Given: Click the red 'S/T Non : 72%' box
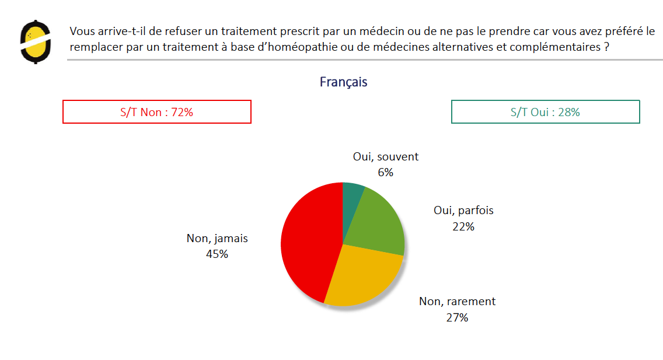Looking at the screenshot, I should tap(156, 112).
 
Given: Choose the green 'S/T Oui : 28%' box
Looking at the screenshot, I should tap(545, 112).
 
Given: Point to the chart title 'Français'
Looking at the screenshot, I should tap(343, 82).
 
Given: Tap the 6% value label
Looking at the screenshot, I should tap(386, 172).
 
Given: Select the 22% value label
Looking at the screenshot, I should tap(463, 226).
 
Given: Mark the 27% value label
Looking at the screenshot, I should tap(457, 317).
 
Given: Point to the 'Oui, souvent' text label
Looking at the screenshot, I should tap(386, 157).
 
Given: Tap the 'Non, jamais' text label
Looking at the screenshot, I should tap(217, 238).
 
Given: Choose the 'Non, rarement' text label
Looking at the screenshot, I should tap(457, 302).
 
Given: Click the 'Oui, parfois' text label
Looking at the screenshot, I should tap(463, 211).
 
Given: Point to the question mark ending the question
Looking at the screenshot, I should tap(608, 47).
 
